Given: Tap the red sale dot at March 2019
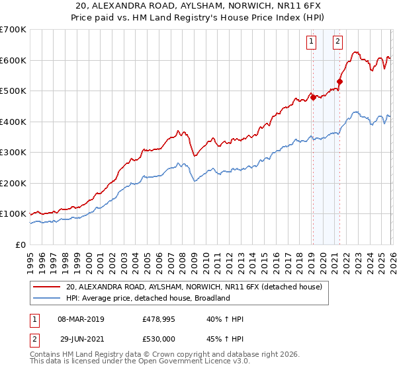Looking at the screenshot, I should point(312,97).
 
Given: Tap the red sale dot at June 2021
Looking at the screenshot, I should point(339,82).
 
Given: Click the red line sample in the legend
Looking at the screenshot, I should point(47,287).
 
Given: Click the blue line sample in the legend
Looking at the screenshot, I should point(47,298).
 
